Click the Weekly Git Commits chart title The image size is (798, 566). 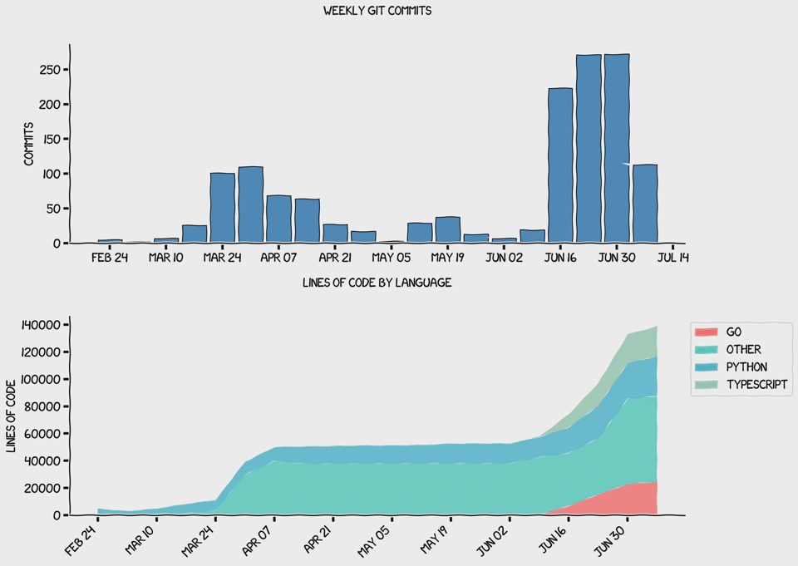pyautogui.click(x=377, y=12)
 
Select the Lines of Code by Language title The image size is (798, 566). pyautogui.click(x=377, y=283)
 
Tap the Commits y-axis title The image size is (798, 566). pyautogui.click(x=28, y=144)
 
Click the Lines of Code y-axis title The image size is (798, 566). pyautogui.click(x=12, y=416)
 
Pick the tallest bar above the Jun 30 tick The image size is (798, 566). pyautogui.click(x=617, y=150)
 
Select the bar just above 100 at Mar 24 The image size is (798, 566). pyautogui.click(x=222, y=208)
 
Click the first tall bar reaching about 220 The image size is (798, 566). pyautogui.click(x=560, y=166)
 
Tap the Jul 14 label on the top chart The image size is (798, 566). pyautogui.click(x=672, y=258)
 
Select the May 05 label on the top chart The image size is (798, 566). pyautogui.click(x=391, y=258)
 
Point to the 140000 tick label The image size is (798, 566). pyautogui.click(x=37, y=325)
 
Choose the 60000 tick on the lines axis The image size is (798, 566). pyautogui.click(x=41, y=434)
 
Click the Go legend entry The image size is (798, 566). pyautogui.click(x=733, y=332)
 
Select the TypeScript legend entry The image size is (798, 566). pyautogui.click(x=756, y=385)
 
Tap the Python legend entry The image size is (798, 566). pyautogui.click(x=746, y=367)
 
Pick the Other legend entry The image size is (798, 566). pyautogui.click(x=742, y=350)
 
